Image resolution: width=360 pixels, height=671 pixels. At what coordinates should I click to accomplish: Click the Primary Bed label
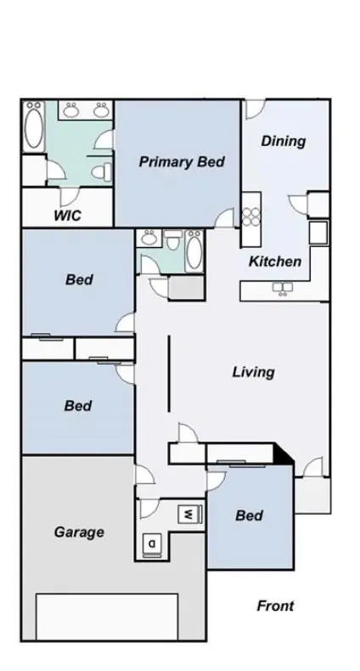click(x=182, y=162)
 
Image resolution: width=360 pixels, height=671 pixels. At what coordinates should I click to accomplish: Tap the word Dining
click(x=284, y=141)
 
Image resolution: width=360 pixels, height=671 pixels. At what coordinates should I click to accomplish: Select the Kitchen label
click(x=275, y=261)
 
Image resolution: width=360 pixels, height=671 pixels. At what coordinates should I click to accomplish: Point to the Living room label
click(x=254, y=372)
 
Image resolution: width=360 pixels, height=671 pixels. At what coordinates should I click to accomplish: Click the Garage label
click(x=79, y=532)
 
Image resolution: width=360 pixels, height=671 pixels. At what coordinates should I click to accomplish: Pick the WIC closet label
click(x=67, y=215)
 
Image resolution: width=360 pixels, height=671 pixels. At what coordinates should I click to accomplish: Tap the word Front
click(x=275, y=606)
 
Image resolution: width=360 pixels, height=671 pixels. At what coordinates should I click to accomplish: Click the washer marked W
click(x=189, y=514)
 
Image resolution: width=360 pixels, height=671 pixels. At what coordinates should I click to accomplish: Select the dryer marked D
click(x=152, y=544)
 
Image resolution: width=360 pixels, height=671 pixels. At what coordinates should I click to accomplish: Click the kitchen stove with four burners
click(x=251, y=217)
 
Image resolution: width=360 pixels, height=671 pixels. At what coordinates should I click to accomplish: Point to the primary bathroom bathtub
click(x=34, y=127)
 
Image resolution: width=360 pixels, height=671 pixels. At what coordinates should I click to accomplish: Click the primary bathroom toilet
click(x=102, y=172)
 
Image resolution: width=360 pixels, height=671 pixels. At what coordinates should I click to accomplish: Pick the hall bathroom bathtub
click(x=194, y=251)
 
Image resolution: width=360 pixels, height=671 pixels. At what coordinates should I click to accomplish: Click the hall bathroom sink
click(x=149, y=238)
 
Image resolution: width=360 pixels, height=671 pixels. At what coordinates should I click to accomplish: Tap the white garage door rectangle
click(x=107, y=617)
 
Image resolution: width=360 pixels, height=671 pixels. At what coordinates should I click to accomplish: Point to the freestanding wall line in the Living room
click(x=169, y=374)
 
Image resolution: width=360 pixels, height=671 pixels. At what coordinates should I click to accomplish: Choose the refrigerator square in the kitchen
click(x=318, y=233)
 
